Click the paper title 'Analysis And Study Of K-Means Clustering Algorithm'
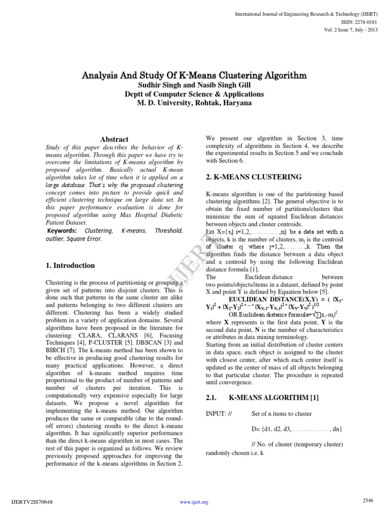click(194, 76)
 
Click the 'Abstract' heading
click(114, 139)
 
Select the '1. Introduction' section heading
click(70, 265)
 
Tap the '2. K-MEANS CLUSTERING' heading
click(253, 177)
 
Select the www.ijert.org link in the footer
click(194, 502)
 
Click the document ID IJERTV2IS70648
click(31, 502)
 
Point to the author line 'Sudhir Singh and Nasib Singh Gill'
click(194, 85)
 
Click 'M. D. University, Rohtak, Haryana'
click(194, 102)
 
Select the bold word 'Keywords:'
click(62, 231)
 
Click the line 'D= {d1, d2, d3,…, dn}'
click(297, 429)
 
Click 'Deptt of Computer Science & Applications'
click(194, 94)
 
